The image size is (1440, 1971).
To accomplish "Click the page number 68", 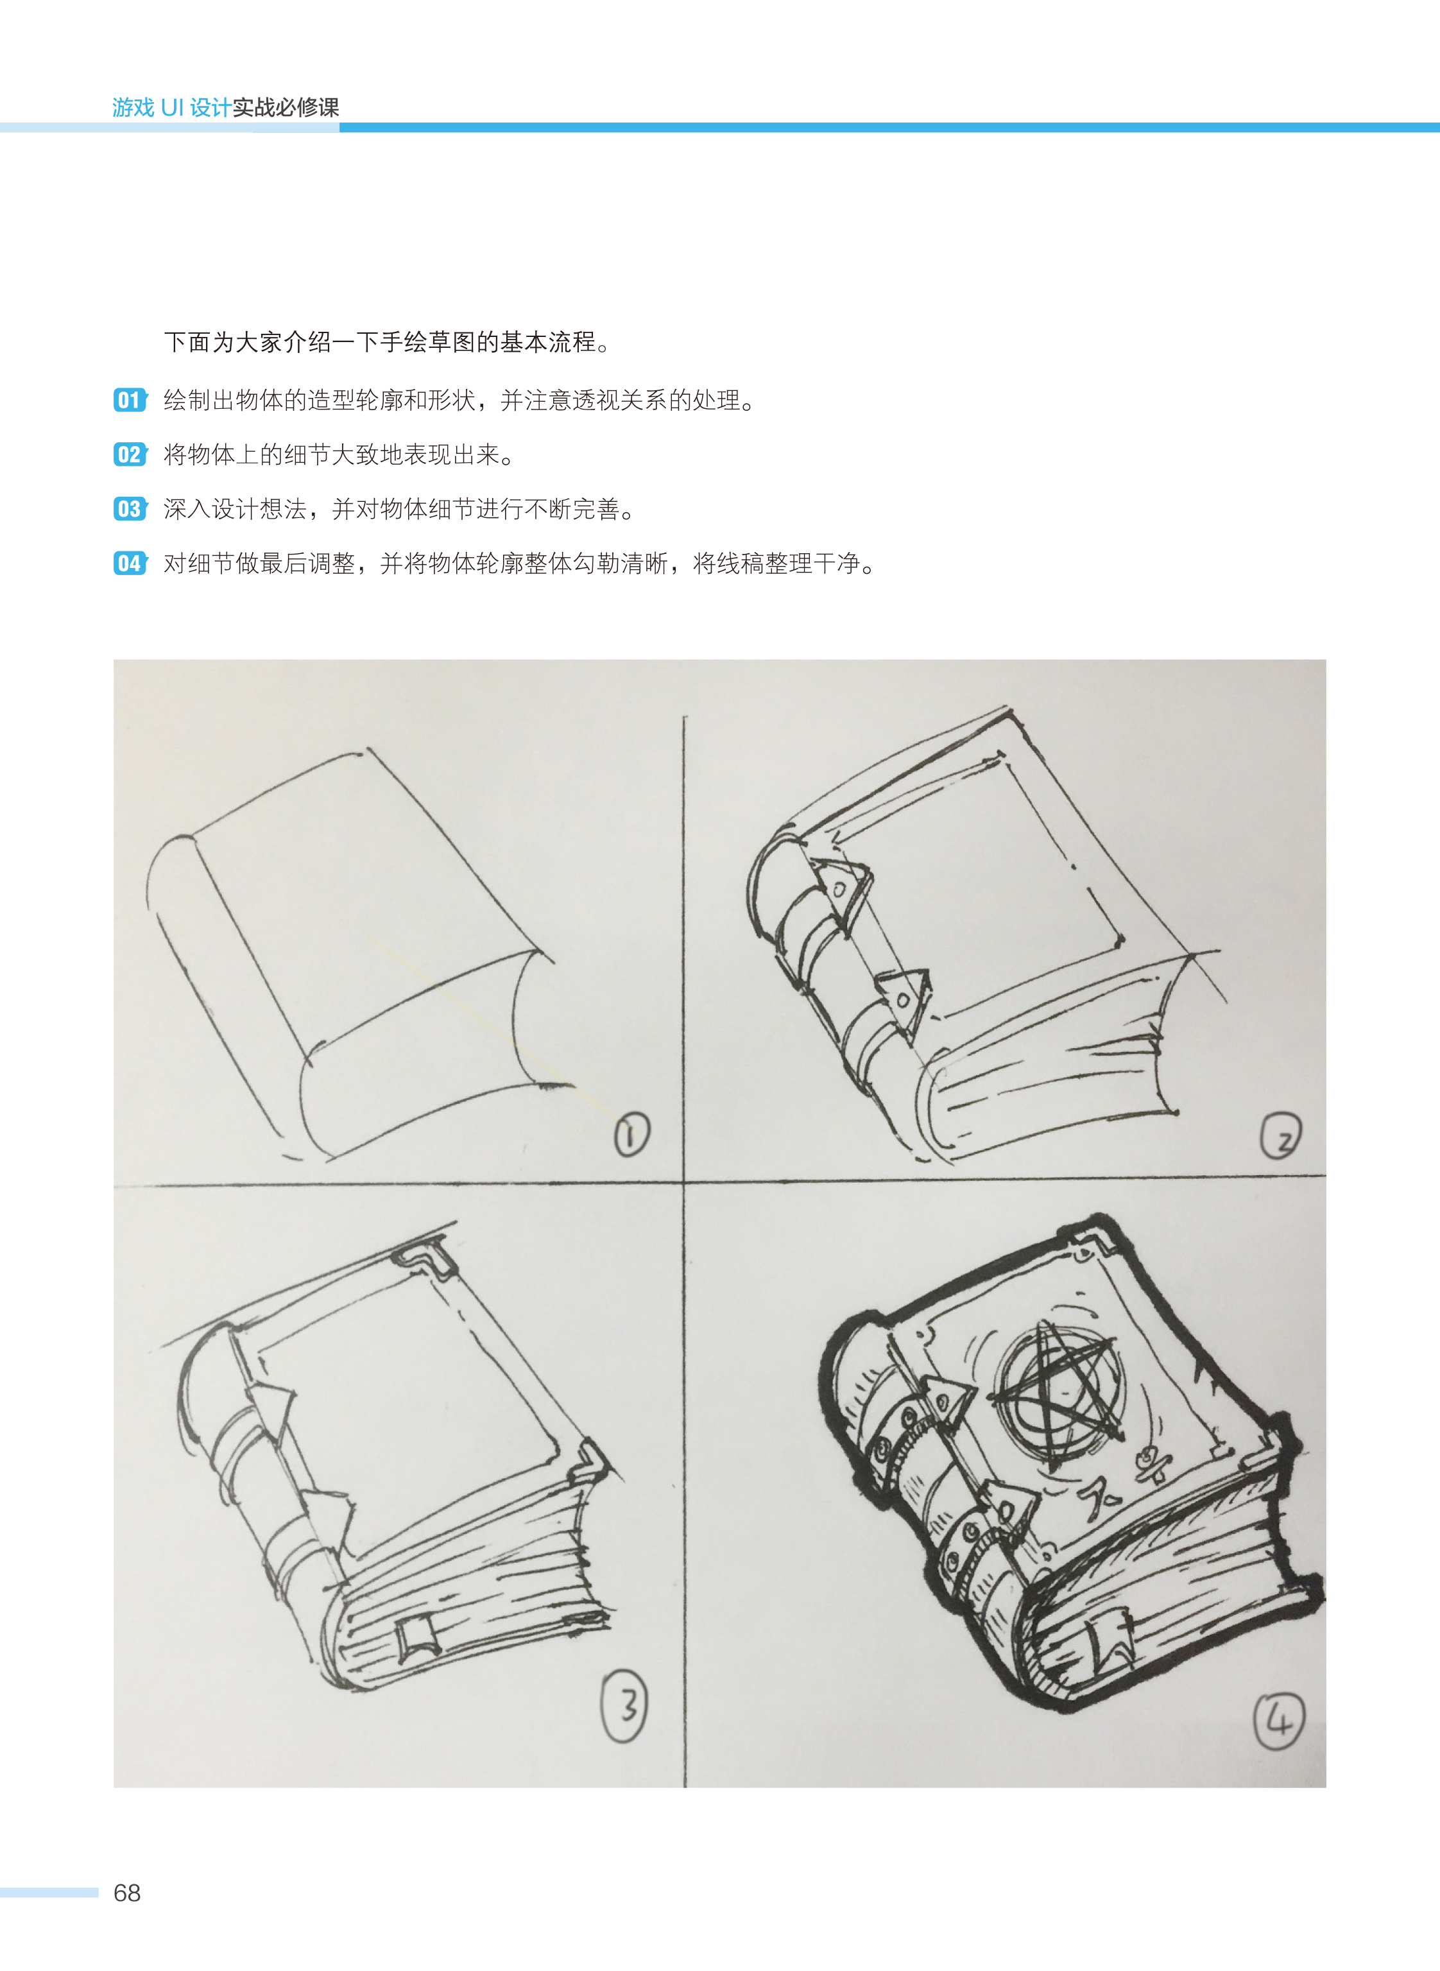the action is click(x=127, y=1893).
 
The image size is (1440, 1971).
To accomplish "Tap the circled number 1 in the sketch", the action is click(x=632, y=1135).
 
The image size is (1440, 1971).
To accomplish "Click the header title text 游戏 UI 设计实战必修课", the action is click(x=226, y=107).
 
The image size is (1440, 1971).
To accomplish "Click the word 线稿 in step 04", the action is click(x=740, y=563).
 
